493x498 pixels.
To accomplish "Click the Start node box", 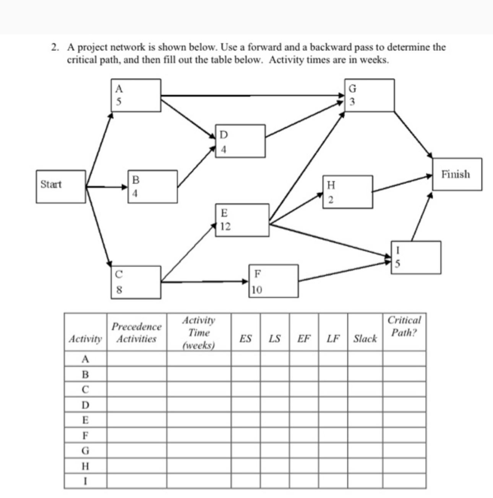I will (x=61, y=186).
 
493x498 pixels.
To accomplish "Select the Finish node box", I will (x=457, y=175).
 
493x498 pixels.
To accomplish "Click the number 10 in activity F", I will (x=257, y=290).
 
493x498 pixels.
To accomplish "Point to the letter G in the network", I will (x=352, y=89).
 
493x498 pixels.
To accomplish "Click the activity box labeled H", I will (x=348, y=192).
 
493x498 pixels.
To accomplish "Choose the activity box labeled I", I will (x=416, y=257).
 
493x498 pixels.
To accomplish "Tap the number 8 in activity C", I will (x=119, y=290).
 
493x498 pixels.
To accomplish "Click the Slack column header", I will (x=365, y=339).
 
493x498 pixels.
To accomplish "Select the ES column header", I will (x=246, y=339).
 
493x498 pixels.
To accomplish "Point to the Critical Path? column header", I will (x=404, y=326).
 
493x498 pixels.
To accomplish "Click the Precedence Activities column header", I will (x=136, y=333).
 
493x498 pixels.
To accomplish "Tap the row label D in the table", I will (x=85, y=405).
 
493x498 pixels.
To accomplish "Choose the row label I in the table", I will (x=85, y=481).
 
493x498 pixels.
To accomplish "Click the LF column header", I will (x=333, y=339).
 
